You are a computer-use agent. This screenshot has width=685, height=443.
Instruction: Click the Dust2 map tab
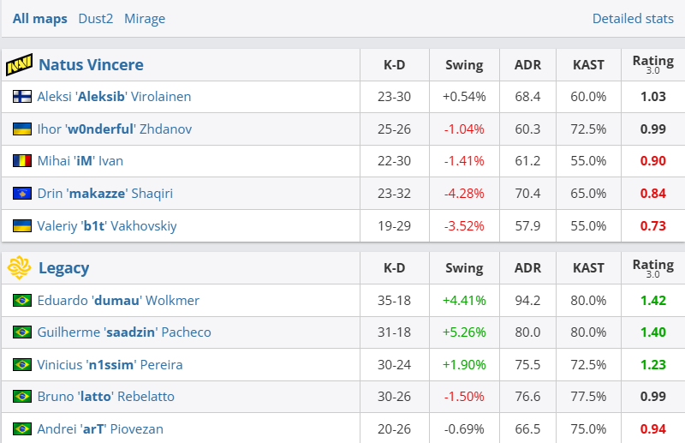pyautogui.click(x=95, y=19)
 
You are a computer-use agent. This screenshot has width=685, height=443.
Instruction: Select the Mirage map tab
pyautogui.click(x=145, y=19)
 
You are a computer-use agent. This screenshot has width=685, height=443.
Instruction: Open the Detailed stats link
pyautogui.click(x=633, y=19)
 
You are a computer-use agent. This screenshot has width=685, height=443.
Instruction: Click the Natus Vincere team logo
pyautogui.click(x=19, y=65)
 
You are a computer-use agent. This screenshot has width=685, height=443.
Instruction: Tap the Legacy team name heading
pyautogui.click(x=63, y=268)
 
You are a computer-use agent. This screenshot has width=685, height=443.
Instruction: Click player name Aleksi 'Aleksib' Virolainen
pyautogui.click(x=114, y=97)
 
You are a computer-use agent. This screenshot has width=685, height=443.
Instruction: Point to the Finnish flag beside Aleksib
pyautogui.click(x=22, y=97)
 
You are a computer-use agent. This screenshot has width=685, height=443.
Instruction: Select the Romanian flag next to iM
pyautogui.click(x=22, y=161)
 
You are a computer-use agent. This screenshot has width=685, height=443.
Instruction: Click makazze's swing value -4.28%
pyautogui.click(x=464, y=194)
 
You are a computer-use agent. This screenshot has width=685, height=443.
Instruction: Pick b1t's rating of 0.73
pyautogui.click(x=652, y=226)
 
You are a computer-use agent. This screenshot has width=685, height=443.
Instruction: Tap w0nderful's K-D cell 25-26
pyautogui.click(x=394, y=129)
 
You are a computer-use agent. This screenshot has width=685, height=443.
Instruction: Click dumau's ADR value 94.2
pyautogui.click(x=527, y=301)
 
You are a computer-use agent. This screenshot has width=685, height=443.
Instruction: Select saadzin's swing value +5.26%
pyautogui.click(x=464, y=332)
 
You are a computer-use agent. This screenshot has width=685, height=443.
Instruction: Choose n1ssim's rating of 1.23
pyautogui.click(x=652, y=365)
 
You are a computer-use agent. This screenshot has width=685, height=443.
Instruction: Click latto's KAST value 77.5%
pyautogui.click(x=588, y=397)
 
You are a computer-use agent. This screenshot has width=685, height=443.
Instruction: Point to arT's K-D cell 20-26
pyautogui.click(x=394, y=429)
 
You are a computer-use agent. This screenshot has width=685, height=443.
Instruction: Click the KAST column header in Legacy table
pyautogui.click(x=588, y=268)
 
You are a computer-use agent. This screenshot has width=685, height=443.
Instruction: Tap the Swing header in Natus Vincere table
pyautogui.click(x=464, y=65)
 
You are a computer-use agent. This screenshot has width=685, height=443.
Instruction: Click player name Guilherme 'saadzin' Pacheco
pyautogui.click(x=124, y=332)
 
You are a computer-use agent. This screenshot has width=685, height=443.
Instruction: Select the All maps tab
pyautogui.click(x=39, y=19)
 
